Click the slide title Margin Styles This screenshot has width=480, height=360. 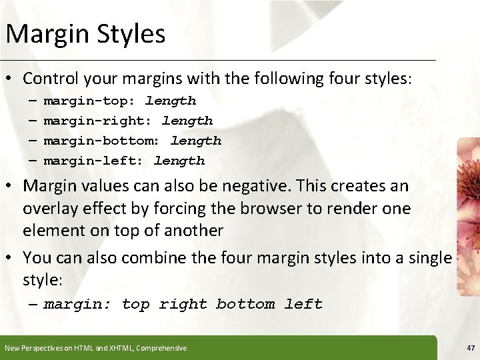click(85, 34)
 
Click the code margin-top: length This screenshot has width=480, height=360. click(120, 101)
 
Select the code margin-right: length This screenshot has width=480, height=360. click(128, 121)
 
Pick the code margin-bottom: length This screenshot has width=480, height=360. click(132, 141)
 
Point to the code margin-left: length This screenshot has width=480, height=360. click(124, 161)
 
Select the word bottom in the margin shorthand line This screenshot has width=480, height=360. click(245, 305)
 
